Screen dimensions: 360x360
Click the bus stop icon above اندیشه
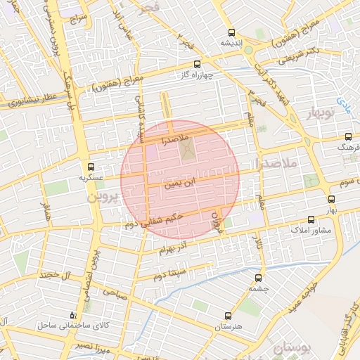pos(232,32)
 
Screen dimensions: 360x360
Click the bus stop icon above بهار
pos(332,199)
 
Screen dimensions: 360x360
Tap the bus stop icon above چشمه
pos(261,278)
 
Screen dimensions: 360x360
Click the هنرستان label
pos(226,327)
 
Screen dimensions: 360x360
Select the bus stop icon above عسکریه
pos(90,167)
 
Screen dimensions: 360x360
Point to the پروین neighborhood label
pos(106,197)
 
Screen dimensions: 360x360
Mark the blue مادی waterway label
pos(343,104)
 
